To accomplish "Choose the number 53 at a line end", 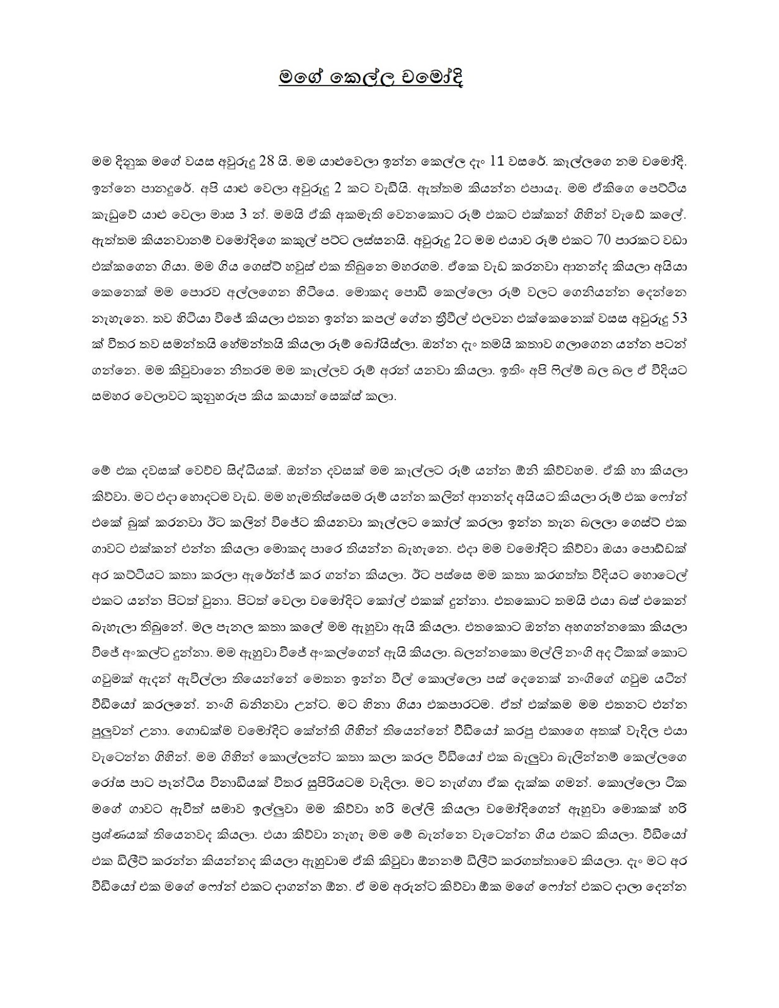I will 679,319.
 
